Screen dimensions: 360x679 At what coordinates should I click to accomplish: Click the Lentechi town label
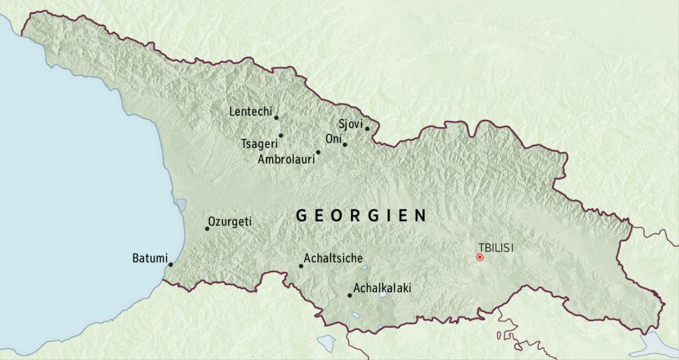(250, 112)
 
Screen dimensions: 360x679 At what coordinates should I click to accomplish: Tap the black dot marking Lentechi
(276, 118)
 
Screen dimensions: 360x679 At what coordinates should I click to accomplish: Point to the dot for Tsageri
(281, 135)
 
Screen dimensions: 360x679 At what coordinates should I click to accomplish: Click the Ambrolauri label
(286, 160)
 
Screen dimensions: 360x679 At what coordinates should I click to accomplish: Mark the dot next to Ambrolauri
(318, 152)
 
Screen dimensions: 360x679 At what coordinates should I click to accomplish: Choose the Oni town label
(333, 139)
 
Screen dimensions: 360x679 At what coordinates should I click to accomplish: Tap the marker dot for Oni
(345, 144)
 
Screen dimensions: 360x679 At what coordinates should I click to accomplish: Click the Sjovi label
(350, 124)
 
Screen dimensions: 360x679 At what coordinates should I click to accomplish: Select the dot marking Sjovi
(367, 128)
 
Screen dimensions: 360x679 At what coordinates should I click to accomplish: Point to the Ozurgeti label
(230, 222)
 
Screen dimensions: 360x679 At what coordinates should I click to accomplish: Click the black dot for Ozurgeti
(207, 229)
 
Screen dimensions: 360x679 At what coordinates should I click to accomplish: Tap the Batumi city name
(148, 258)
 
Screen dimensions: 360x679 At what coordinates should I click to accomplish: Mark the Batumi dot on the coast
(170, 264)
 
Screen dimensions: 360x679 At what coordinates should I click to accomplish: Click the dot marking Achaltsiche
(301, 266)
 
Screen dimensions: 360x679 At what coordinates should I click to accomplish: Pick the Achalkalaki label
(382, 288)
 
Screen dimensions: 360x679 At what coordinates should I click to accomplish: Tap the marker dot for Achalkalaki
(349, 295)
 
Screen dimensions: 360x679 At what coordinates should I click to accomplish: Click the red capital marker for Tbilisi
(480, 257)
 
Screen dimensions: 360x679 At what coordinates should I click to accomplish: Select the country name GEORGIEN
(361, 216)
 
